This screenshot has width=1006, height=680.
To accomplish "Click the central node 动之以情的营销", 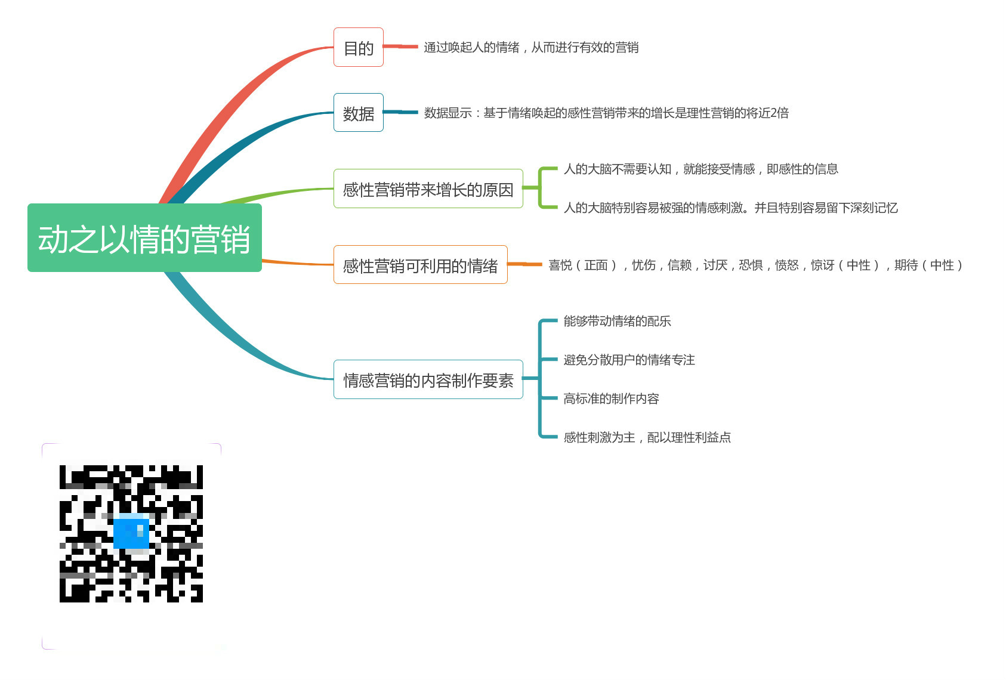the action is pos(144,238).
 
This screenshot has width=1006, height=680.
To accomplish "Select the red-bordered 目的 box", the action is pos(358,47).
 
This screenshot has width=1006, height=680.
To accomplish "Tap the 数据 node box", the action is pos(358,113).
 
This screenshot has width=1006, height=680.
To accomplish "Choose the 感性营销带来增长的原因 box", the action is pos(428,189).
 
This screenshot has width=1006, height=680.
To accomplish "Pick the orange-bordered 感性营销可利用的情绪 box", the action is pos(420,265).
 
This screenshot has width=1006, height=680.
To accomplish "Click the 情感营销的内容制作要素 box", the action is pos(428,379).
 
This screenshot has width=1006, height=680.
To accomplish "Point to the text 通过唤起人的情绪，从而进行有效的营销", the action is pos(530,47).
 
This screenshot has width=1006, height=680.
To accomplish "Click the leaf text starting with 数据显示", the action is pos(606,113).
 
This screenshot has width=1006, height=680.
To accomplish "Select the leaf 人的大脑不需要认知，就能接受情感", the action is pos(701,169).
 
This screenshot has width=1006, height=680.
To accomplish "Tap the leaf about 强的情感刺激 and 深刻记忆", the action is pos(730,208).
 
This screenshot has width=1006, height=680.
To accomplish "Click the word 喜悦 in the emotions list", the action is pos(560,265).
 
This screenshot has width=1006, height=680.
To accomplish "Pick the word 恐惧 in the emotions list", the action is pos(750,265).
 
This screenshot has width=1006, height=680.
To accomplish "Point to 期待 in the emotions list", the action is pos(906,265).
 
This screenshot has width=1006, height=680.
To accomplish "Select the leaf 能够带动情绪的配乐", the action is pos(617,322).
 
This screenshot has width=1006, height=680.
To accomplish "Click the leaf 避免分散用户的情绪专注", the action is pos(629,360).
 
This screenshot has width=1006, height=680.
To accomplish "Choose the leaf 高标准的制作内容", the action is pos(611,398).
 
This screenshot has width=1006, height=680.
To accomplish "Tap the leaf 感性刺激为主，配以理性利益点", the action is pos(647,437).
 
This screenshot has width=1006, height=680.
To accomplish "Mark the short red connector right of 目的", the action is pos(400,47).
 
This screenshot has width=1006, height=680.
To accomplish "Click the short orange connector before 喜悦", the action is pos(524,264).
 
